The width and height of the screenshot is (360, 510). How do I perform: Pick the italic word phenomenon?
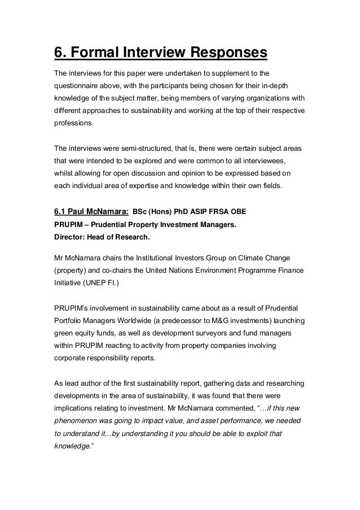click(78, 421)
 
